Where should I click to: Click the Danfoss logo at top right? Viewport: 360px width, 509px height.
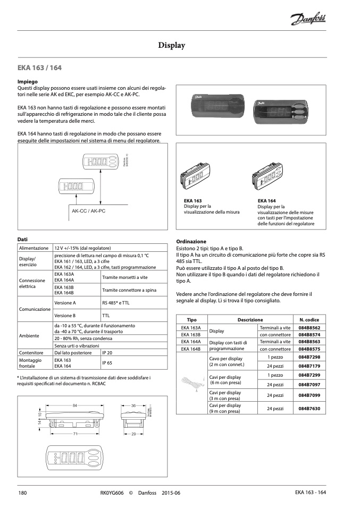(308, 20)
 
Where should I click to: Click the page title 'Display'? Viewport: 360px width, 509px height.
(172, 46)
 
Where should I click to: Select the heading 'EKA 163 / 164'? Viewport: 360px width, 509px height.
(39, 68)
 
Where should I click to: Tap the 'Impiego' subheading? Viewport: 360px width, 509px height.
(27, 82)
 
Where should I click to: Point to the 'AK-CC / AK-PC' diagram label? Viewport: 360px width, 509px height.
(89, 211)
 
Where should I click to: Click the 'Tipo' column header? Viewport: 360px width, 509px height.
(191, 320)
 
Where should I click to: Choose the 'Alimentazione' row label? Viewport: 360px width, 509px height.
(34, 248)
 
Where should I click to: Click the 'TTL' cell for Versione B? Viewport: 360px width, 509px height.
(106, 316)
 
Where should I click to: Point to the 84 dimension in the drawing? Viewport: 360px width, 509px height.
(75, 406)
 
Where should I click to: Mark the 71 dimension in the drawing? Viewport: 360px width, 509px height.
(76, 434)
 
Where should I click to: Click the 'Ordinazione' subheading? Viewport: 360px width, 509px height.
(191, 241)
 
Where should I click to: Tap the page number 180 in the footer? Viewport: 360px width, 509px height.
(23, 493)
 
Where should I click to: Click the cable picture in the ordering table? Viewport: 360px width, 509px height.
(191, 382)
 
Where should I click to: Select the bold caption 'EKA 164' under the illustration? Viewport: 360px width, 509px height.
(266, 201)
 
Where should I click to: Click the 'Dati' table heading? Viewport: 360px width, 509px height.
(22, 239)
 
